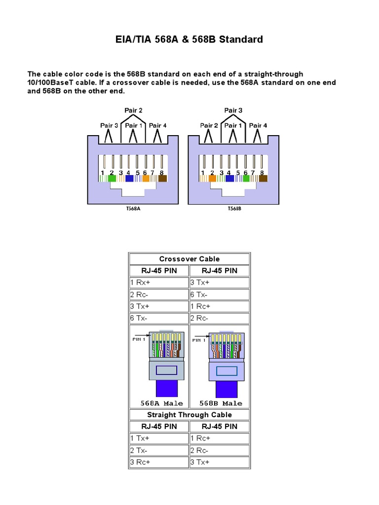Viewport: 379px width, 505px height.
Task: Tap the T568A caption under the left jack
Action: click(133, 209)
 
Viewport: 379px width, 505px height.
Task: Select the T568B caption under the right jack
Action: click(234, 209)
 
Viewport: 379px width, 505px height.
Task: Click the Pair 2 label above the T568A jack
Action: click(133, 110)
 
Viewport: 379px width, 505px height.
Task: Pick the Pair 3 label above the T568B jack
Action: click(233, 110)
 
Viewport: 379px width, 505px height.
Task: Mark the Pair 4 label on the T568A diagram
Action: click(158, 125)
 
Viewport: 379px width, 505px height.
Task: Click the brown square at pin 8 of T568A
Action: click(162, 179)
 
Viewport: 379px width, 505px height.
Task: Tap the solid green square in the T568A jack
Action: click(112, 179)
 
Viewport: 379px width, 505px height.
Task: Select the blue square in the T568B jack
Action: click(229, 179)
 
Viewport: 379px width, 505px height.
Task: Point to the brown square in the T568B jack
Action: click(263, 179)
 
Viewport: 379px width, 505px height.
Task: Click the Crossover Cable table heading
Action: click(189, 259)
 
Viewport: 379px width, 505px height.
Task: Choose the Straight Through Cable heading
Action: click(189, 415)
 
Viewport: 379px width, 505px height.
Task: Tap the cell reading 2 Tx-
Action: click(139, 450)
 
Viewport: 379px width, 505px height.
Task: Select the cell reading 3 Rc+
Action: click(140, 462)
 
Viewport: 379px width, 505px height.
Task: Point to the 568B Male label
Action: click(220, 403)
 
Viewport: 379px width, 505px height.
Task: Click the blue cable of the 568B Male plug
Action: click(225, 388)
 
